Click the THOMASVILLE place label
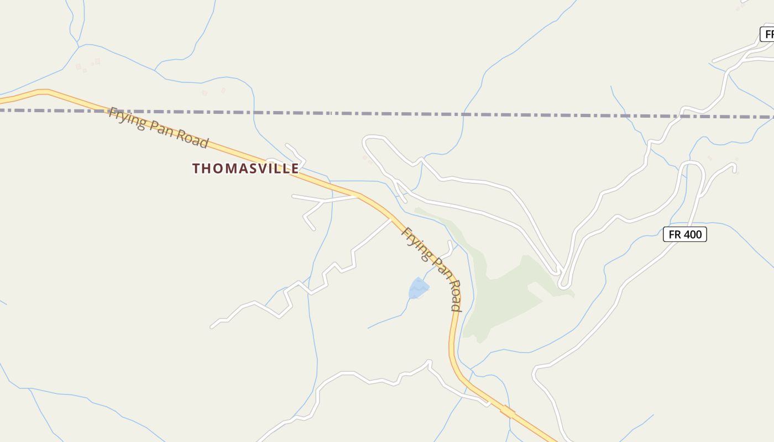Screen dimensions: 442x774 pos(245,169)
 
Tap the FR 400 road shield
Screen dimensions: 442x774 pos(685,234)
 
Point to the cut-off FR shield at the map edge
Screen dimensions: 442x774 pos(768,34)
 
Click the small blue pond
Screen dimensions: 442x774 pos(418,288)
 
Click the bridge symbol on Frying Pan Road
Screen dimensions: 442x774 pos(508,411)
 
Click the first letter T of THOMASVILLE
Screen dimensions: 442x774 pos(196,169)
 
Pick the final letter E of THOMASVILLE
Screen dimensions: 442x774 pos(295,169)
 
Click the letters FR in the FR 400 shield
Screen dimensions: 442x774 pos(674,234)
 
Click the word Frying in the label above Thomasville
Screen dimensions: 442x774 pos(126,118)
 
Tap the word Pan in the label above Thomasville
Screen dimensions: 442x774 pos(160,131)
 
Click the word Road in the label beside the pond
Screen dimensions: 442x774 pos(454,296)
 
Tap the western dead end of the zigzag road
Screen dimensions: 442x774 pos(212,327)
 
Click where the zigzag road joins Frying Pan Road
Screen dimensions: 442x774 pos(391,219)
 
